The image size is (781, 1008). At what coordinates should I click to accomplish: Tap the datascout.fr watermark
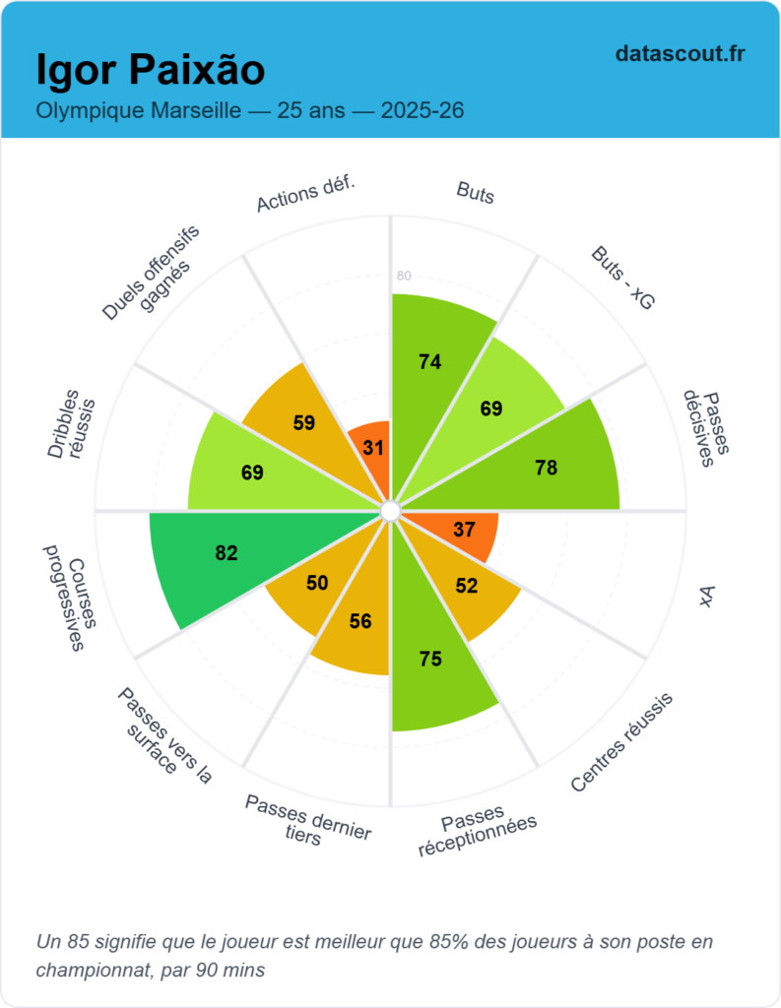pos(680,53)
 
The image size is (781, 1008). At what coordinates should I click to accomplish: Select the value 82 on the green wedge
pos(227,553)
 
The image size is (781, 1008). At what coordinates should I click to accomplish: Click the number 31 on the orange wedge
pos(373,448)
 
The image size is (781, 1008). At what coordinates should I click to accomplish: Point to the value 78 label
pos(547,469)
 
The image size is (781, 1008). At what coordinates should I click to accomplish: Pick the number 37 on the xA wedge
pos(465,529)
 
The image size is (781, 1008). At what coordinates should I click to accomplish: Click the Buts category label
pos(476,193)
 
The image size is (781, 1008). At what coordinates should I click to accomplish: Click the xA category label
pos(706,597)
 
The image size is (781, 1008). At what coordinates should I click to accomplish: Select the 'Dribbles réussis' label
pos(73,429)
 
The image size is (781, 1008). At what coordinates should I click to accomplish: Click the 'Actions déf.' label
pos(305,193)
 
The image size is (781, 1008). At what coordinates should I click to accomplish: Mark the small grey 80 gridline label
pos(404,276)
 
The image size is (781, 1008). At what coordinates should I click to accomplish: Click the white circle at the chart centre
pos(390,511)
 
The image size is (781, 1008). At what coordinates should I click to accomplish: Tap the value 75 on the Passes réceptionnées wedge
pos(429,660)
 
